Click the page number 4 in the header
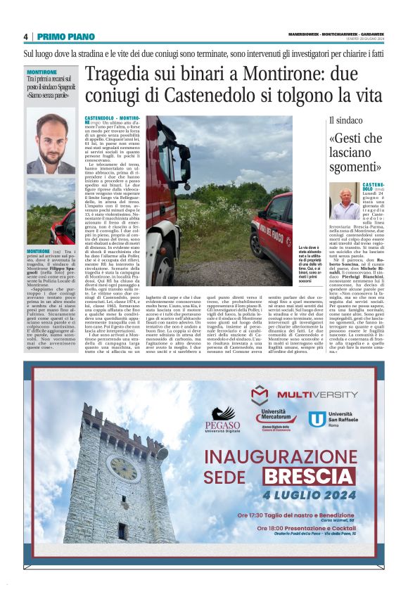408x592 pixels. coord(25,37)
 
